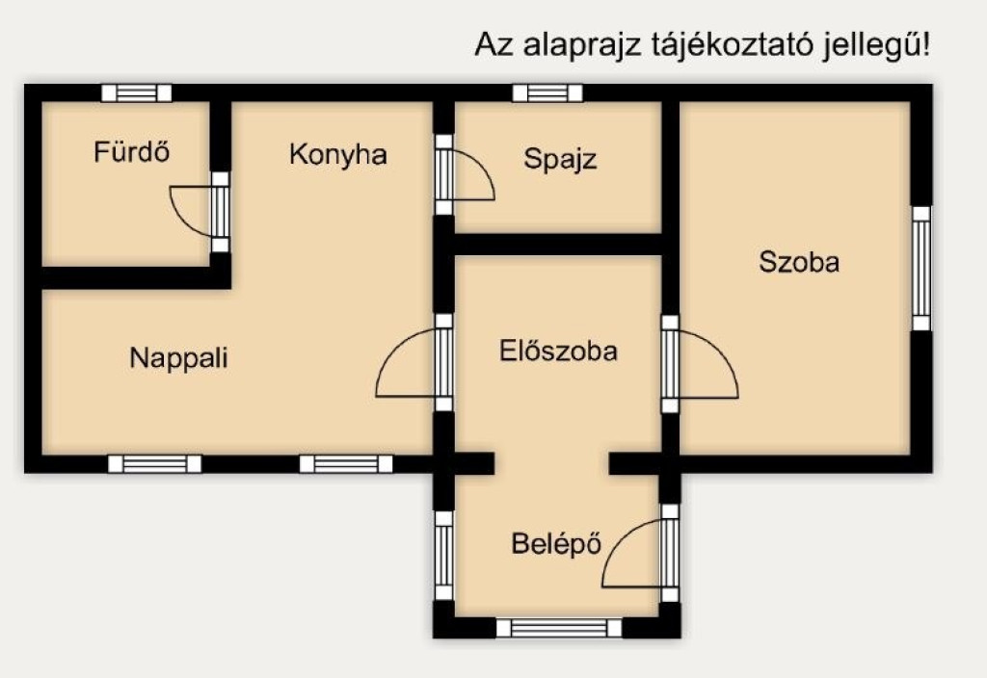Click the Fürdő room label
tap(131, 151)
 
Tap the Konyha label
tap(338, 154)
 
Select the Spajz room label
tap(560, 159)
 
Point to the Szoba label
tap(799, 262)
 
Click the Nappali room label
tap(178, 358)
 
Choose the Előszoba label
tap(558, 351)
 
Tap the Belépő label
tap(556, 543)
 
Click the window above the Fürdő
tap(137, 93)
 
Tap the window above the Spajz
tap(547, 93)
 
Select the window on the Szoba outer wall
tap(921, 269)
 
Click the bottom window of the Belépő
tap(559, 628)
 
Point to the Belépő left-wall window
tap(443, 556)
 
